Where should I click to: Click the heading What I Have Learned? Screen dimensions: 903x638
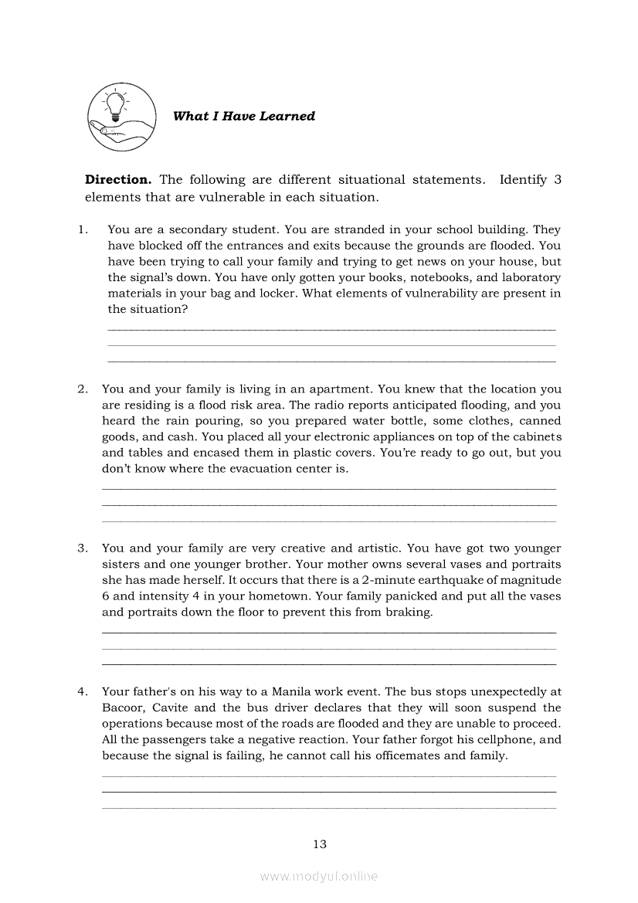244,117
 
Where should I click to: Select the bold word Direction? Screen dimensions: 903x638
118,180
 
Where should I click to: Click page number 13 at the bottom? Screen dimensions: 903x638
320,844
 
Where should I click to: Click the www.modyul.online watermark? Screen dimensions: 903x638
319,877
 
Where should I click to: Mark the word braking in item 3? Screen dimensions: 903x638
411,613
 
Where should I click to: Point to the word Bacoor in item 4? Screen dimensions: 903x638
123,708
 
